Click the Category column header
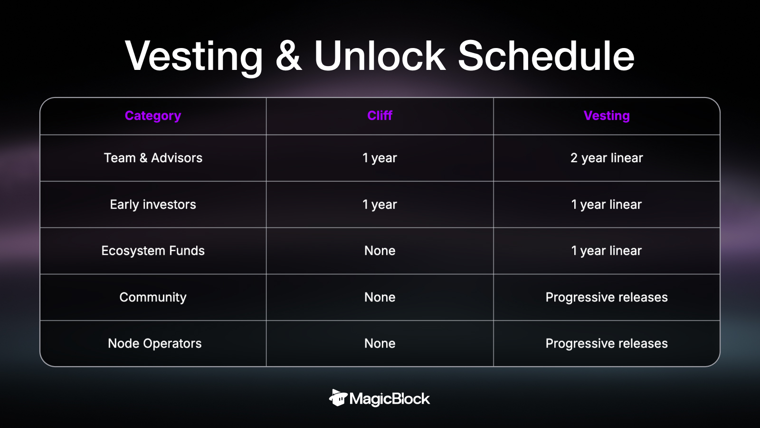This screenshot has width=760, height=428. pos(152,116)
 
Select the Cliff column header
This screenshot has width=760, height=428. pos(380,116)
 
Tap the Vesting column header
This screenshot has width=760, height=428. pos(607,116)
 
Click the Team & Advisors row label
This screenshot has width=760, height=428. pos(153,157)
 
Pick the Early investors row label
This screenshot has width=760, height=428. pos(153,204)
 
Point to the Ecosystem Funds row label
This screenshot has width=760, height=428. pos(153,251)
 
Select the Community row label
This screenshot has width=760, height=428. pos(153,298)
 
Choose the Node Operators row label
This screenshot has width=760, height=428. pos(155,343)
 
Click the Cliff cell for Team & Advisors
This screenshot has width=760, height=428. pos(380,158)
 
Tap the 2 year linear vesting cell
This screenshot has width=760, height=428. pos(607,158)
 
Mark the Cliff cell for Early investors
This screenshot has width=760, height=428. pos(380,204)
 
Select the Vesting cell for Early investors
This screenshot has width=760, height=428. pos(607,204)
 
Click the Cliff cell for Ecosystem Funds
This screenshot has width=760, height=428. pos(380,251)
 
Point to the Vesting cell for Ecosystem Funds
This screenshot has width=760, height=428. pos(607,251)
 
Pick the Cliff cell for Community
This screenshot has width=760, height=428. pos(380,297)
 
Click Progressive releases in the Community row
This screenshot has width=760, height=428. pos(607,298)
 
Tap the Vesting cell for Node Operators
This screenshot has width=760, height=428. pos(607,344)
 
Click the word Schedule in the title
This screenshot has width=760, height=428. pos(546,56)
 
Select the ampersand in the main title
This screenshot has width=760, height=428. pos(288,57)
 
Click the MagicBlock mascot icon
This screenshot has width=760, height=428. pos(338,398)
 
